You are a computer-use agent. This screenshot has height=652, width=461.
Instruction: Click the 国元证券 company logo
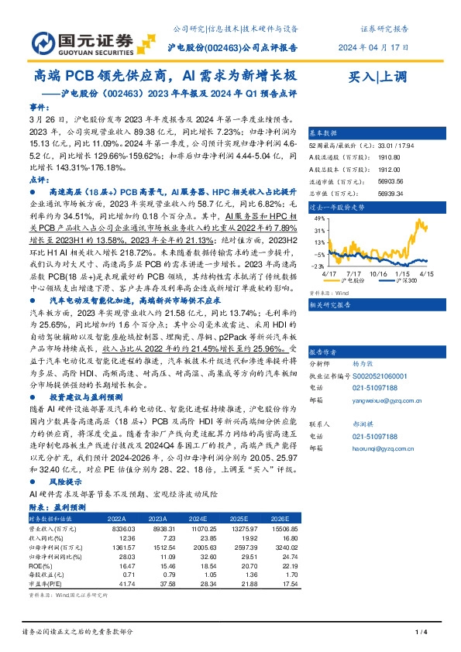click(74, 41)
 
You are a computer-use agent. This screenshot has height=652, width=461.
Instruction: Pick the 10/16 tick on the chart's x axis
click(379, 273)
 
